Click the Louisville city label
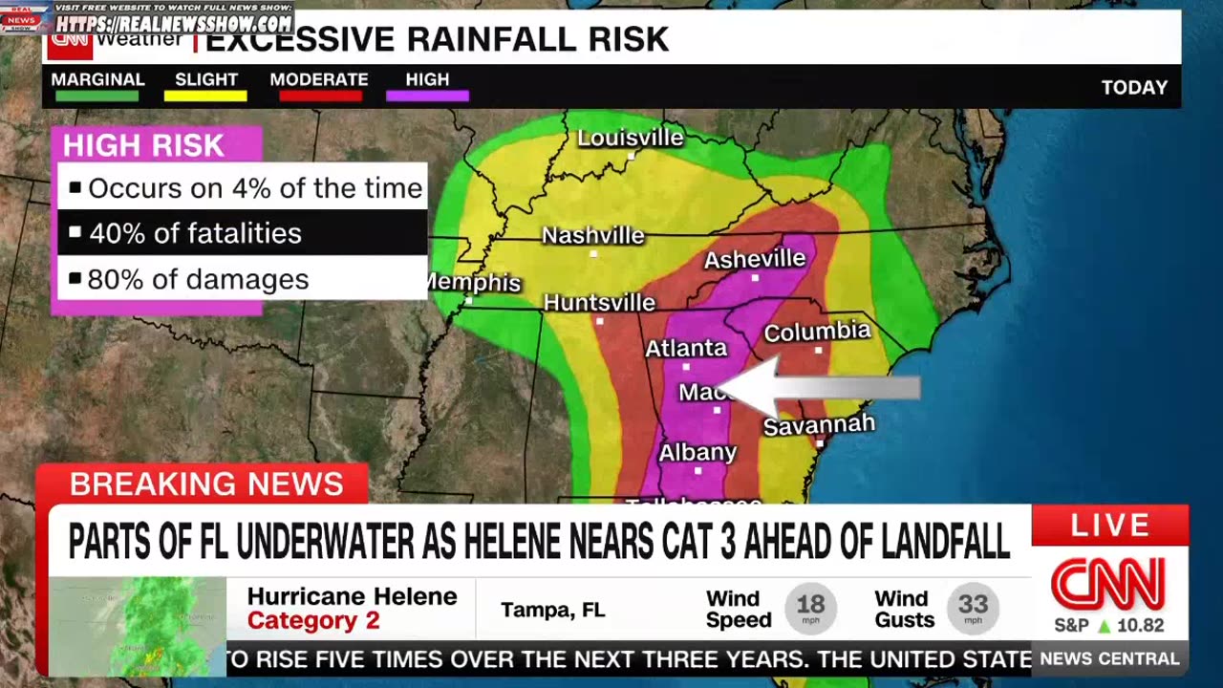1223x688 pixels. tap(631, 138)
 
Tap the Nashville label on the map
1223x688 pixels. tap(592, 235)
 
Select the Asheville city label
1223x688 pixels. tap(755, 259)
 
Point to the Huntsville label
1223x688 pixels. tap(599, 303)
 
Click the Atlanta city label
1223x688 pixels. tap(686, 349)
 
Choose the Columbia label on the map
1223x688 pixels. tap(817, 332)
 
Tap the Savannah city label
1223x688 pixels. tap(819, 425)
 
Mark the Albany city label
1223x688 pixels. tap(697, 452)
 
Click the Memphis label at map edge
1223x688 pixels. tap(475, 283)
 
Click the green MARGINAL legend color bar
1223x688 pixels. tap(97, 96)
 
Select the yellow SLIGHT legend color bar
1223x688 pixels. tap(205, 96)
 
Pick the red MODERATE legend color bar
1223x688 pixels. tap(318, 96)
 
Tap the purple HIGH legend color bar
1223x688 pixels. tap(427, 96)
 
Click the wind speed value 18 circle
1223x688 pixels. tap(810, 607)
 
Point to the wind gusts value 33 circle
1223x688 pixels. tap(973, 607)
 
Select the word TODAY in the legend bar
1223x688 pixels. tap(1134, 88)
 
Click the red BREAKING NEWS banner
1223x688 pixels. tap(205, 484)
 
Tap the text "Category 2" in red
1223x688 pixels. tap(313, 621)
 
